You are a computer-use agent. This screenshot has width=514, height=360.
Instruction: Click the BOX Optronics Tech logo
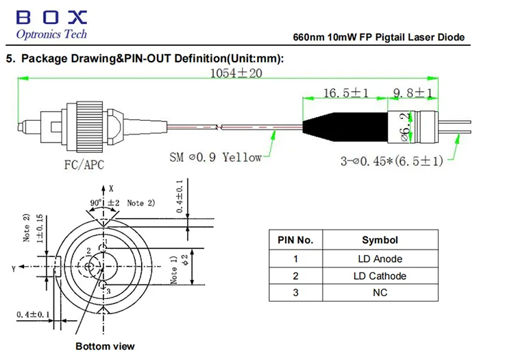point(51,25)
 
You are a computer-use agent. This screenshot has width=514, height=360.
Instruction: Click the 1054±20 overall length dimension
point(236,73)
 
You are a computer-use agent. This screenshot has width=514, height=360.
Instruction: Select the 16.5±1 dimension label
point(346,93)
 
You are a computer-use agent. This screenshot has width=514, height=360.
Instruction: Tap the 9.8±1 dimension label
point(413,93)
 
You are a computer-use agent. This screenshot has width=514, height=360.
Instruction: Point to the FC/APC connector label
point(84,165)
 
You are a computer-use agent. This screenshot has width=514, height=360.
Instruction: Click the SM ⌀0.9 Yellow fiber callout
point(215,158)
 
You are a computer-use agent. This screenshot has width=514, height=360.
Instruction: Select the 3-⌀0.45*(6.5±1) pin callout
point(392,161)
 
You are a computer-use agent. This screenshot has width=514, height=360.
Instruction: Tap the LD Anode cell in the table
point(380,259)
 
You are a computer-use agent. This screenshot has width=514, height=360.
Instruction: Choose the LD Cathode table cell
point(380,276)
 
